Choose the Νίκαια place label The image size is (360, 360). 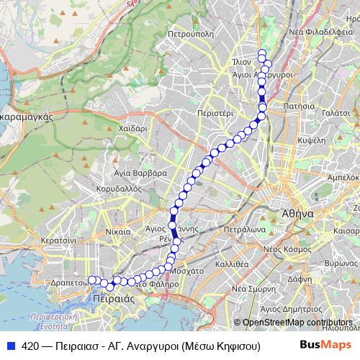tap(117, 232)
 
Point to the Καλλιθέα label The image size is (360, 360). tap(231, 264)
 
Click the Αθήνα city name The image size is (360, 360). tap(297, 214)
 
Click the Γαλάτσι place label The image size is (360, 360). tap(336, 114)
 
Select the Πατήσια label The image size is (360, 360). tap(298, 106)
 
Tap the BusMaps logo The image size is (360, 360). tap(322, 345)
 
